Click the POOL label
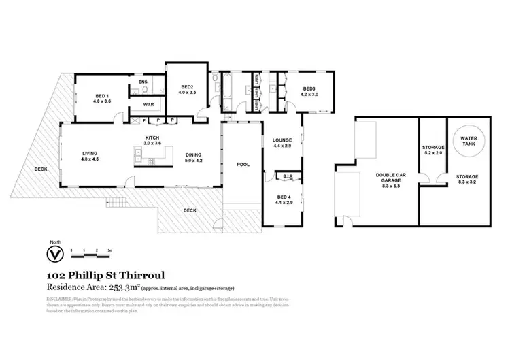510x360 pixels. pos(243,164)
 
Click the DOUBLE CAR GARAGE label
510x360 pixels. pos(385,178)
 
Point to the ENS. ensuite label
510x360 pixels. pos(143,82)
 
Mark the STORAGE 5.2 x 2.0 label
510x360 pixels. pos(433,150)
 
